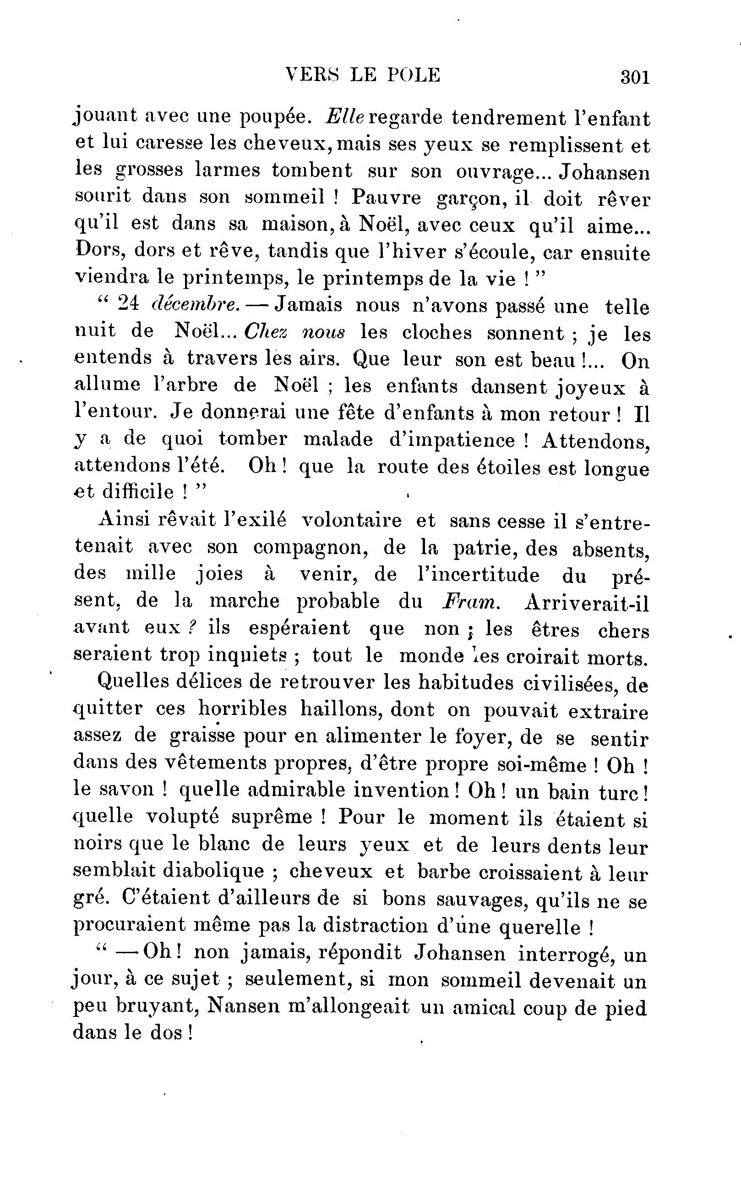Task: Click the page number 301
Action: [x=635, y=77]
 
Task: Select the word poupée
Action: [x=275, y=116]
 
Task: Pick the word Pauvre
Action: [x=386, y=197]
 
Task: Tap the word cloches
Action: [x=436, y=332]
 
